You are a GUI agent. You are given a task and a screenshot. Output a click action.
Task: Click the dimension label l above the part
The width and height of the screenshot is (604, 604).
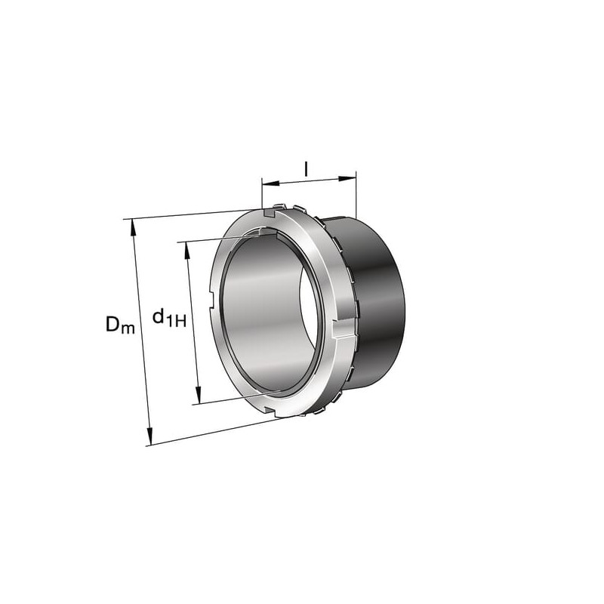(307, 168)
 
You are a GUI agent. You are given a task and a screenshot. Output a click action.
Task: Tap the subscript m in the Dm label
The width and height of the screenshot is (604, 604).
(128, 328)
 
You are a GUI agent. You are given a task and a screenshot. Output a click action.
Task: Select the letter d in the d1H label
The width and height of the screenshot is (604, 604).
(159, 316)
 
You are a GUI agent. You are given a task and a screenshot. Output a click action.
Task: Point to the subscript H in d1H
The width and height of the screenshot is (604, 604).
(180, 320)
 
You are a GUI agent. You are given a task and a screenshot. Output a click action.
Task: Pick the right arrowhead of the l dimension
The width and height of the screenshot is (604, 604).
(347, 178)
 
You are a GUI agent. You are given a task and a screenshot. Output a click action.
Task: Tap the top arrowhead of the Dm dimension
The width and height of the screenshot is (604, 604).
(134, 227)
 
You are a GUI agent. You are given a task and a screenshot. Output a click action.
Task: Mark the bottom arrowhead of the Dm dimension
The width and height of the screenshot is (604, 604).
(149, 436)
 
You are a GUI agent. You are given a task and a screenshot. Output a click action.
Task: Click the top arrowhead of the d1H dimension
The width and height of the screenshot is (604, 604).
(188, 251)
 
